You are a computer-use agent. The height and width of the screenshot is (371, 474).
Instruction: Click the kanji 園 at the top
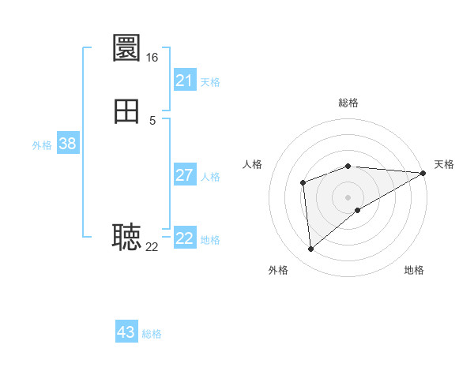click(x=127, y=48)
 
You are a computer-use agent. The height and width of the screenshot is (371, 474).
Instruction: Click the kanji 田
click(x=127, y=111)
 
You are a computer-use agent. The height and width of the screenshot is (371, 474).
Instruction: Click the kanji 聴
click(x=127, y=237)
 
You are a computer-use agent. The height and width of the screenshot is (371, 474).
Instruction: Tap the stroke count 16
click(x=152, y=58)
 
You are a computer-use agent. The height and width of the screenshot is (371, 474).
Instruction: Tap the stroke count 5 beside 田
click(x=152, y=120)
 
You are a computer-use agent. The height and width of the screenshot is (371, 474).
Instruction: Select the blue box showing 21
click(x=185, y=81)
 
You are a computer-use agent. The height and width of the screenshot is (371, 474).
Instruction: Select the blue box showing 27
click(x=185, y=175)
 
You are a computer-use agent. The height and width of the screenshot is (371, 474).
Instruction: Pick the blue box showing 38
click(x=68, y=144)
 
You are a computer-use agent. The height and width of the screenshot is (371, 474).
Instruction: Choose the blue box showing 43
click(x=126, y=332)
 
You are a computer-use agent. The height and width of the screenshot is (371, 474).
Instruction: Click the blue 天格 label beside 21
click(x=210, y=82)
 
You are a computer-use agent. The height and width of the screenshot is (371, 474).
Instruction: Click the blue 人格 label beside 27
click(x=211, y=177)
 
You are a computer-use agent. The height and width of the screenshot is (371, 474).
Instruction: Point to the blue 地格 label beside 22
click(x=210, y=240)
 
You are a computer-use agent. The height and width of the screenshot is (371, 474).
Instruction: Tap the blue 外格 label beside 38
click(x=42, y=145)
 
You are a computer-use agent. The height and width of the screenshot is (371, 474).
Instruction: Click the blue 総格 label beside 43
click(x=152, y=334)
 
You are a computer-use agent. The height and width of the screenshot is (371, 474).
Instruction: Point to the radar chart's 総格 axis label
click(x=348, y=103)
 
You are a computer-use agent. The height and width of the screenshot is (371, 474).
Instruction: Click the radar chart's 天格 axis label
click(x=444, y=164)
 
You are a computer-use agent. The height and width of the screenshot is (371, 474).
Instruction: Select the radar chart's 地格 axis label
click(x=414, y=271)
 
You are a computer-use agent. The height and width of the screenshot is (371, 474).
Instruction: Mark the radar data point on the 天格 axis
click(x=423, y=173)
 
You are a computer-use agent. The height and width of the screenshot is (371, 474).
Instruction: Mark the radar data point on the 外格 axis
click(x=310, y=249)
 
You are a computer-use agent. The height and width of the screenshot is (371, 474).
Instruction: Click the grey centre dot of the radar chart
click(x=348, y=197)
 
